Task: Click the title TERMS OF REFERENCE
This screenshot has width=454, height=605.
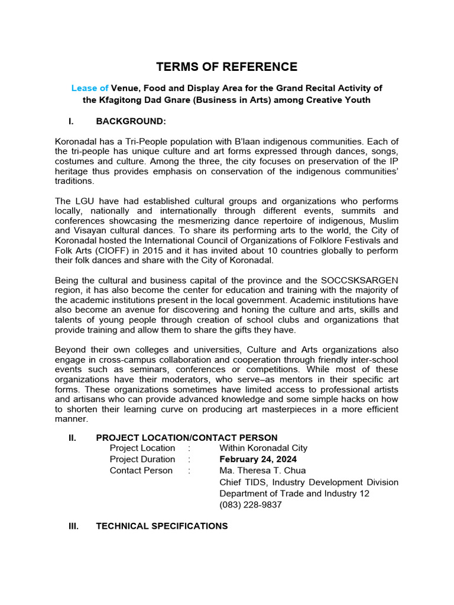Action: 226,67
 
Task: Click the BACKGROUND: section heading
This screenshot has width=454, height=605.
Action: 131,121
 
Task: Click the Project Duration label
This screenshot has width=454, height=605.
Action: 142,459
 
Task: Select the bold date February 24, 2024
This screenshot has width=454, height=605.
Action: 258,459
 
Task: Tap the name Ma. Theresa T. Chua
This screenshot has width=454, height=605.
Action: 262,470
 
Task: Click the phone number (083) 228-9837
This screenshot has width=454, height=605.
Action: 251,505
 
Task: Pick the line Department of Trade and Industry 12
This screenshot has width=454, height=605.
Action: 294,493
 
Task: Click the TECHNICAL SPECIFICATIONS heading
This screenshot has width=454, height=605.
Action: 161,526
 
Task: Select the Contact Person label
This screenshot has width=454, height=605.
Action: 141,470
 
